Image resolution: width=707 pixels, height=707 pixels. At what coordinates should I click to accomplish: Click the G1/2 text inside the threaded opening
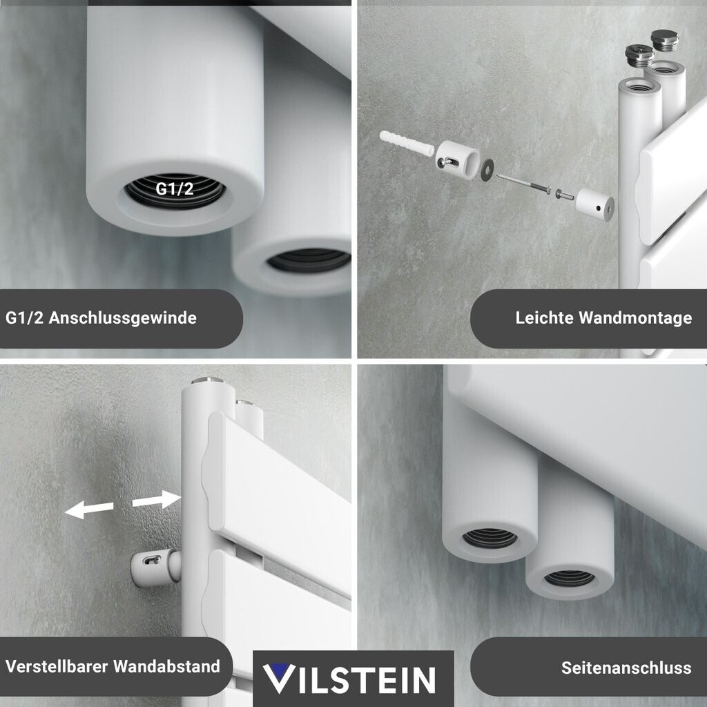click(x=175, y=188)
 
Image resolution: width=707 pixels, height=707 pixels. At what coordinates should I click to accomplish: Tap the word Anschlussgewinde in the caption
click(x=123, y=318)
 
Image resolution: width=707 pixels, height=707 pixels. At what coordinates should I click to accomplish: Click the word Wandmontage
click(x=635, y=318)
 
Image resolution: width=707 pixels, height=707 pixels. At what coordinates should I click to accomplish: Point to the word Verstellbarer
click(x=57, y=666)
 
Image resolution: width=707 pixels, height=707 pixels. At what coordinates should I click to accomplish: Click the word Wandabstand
click(x=167, y=666)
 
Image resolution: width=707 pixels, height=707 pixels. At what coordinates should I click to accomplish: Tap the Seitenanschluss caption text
click(x=626, y=668)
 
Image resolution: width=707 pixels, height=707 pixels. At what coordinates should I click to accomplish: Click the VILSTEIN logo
click(x=349, y=679)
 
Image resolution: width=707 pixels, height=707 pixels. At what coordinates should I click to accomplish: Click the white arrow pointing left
click(x=89, y=509)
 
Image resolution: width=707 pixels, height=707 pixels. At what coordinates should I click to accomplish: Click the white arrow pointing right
click(x=157, y=499)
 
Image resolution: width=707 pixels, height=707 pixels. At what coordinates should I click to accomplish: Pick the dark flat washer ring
click(x=487, y=170)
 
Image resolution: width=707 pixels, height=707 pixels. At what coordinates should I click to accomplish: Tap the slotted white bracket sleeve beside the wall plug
click(x=457, y=160)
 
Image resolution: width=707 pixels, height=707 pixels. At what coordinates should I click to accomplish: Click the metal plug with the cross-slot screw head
click(x=636, y=55)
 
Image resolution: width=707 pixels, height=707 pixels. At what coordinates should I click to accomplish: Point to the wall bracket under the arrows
click(x=153, y=566)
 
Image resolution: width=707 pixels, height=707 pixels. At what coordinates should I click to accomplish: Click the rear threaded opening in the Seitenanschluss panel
click(x=569, y=578)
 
